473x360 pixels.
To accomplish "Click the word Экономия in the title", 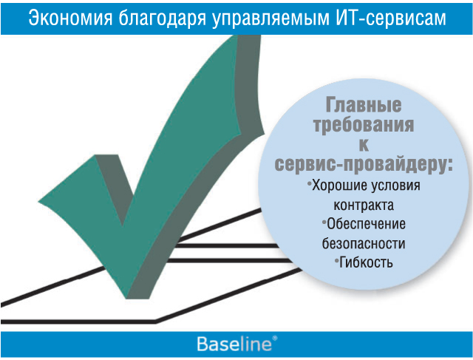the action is tap(70, 18).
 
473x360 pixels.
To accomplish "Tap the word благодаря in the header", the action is tap(163, 18).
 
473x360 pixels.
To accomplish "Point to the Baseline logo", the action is tap(237, 344).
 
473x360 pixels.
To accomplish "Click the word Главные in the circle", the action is tap(364, 105).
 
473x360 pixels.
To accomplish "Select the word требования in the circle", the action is tap(364, 125).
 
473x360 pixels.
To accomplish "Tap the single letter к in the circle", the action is tap(364, 145).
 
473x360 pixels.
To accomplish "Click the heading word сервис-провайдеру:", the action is tap(364, 164).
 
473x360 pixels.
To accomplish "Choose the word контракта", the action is tap(364, 206).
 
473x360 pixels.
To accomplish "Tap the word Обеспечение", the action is tap(367, 224).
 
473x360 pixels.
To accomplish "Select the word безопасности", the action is tap(364, 243).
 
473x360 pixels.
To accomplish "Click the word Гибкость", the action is tap(367, 262).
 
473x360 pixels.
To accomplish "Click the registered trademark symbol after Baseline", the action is tap(274, 338).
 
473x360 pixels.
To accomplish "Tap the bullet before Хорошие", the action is tap(309, 183).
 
